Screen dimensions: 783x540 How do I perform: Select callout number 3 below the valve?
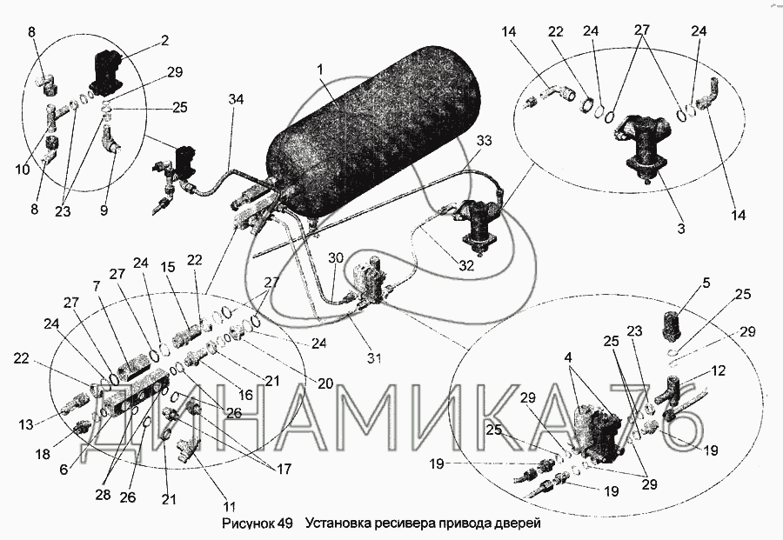point(681,229)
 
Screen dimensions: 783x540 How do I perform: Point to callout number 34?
point(235,99)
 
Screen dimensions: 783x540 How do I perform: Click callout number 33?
point(485,141)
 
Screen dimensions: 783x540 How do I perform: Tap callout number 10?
point(22,169)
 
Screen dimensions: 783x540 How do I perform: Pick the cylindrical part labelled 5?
point(676,324)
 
